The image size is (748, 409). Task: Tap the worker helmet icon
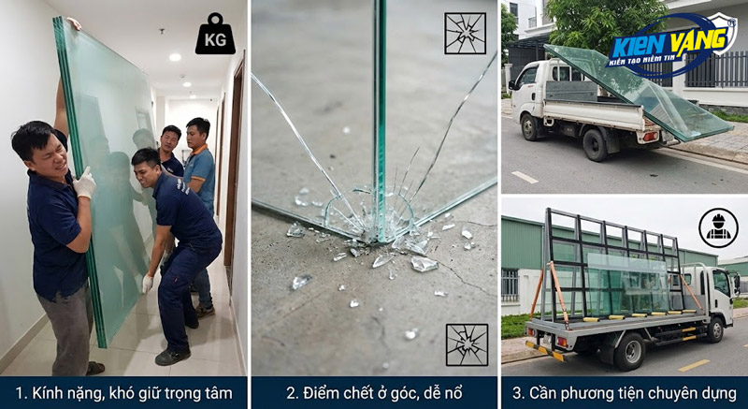[718, 227]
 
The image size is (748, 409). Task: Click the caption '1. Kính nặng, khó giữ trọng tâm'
[123, 392]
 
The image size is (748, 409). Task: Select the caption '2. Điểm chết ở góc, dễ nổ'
[373, 392]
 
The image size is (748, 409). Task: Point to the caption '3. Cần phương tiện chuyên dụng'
[624, 392]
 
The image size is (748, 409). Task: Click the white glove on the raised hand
[85, 183]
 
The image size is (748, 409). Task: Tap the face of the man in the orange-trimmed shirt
[197, 134]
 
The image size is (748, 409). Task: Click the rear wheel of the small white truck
[595, 145]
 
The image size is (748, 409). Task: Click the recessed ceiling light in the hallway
[175, 57]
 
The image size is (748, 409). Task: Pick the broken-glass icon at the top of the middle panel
[465, 34]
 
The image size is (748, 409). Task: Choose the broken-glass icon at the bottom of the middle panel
[465, 343]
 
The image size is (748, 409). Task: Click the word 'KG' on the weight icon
[215, 40]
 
